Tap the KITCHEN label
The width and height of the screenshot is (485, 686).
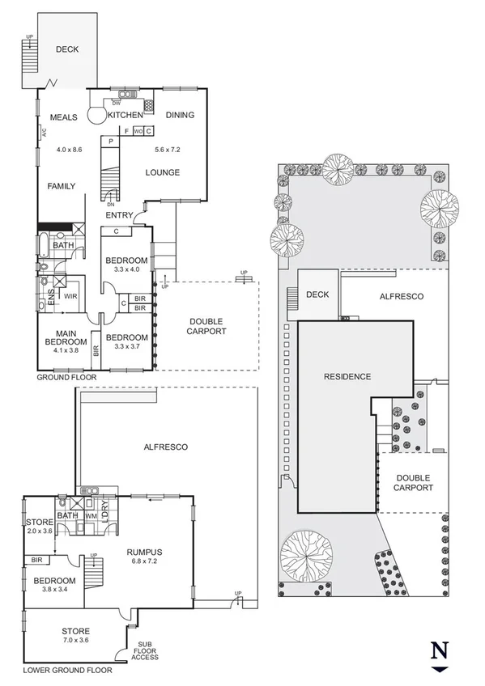pos(125,116)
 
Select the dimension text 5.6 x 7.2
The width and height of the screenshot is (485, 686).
pos(168,150)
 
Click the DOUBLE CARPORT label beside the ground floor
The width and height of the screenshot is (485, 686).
pos(206,326)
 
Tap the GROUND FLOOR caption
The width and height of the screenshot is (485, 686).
pos(66,377)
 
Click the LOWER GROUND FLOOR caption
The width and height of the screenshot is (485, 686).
pos(67,670)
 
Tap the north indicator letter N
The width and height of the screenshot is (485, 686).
pos(439,650)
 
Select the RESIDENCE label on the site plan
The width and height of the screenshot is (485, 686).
pos(347,376)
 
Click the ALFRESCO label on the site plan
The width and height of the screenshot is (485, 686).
pos(402,296)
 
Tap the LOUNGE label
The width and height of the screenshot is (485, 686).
pos(162,172)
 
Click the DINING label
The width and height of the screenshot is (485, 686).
pos(180,115)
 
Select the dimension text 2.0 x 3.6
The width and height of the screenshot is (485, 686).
pos(39,531)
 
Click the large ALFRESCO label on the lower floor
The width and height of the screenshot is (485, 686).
pos(166,447)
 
